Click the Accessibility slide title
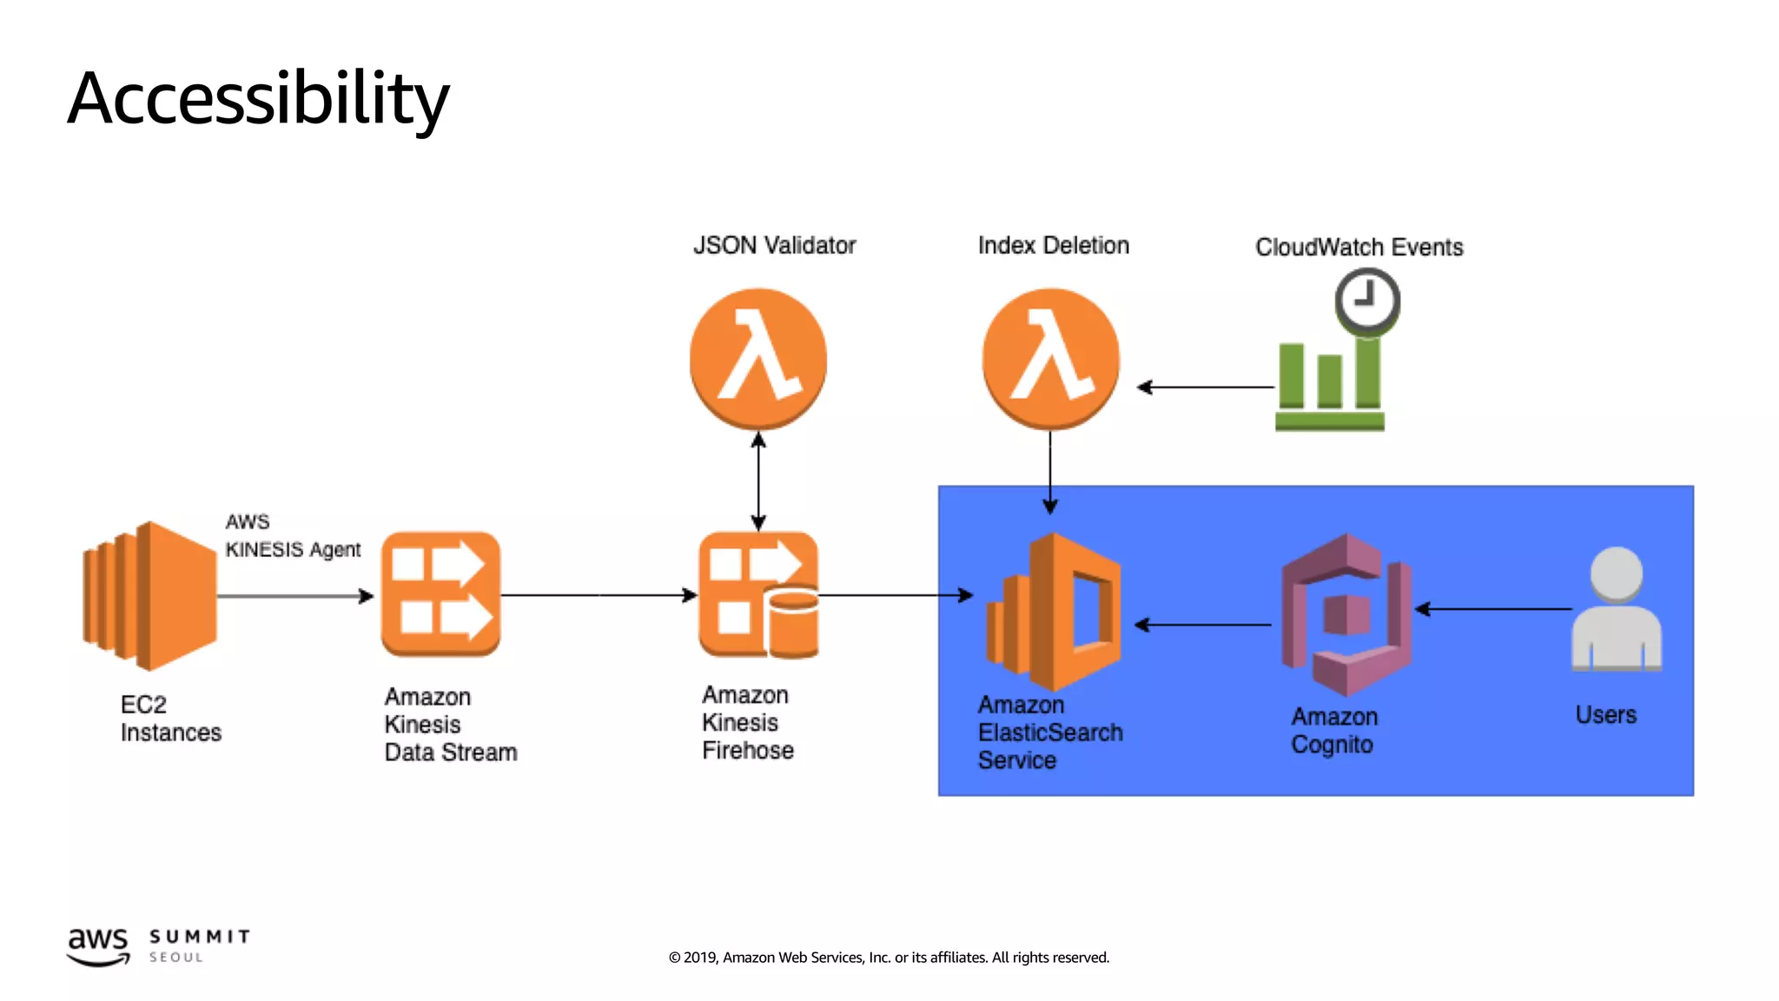pyautogui.click(x=258, y=98)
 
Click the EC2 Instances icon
pyautogui.click(x=149, y=596)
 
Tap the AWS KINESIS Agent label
pyautogui.click(x=292, y=536)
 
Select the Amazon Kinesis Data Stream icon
pyautogui.click(x=440, y=594)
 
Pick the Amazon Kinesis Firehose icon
pyautogui.click(x=758, y=595)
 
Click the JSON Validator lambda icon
pyautogui.click(x=757, y=359)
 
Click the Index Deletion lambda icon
pyautogui.click(x=1050, y=359)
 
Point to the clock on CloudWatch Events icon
pyautogui.click(x=1366, y=300)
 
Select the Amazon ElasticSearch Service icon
pyautogui.click(x=1053, y=613)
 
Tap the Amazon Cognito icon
pyautogui.click(x=1346, y=614)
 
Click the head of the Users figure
pyautogui.click(x=1616, y=573)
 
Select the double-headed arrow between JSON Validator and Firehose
pyautogui.click(x=758, y=482)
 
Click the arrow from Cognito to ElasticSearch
pyautogui.click(x=1203, y=625)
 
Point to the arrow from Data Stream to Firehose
pyautogui.click(x=599, y=595)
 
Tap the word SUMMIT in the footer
pyautogui.click(x=200, y=937)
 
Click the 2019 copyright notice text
pyautogui.click(x=889, y=958)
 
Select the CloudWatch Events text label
pyautogui.click(x=1359, y=248)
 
